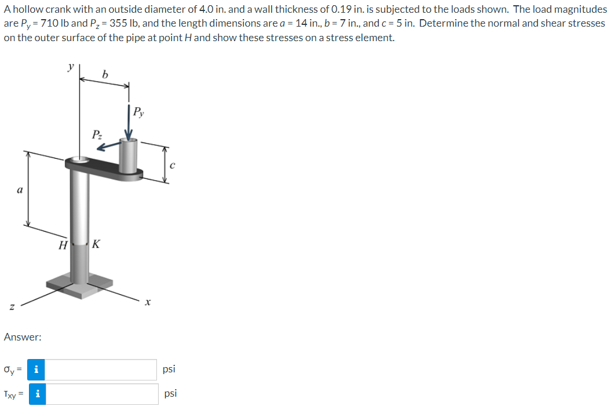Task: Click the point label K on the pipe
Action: tap(96, 244)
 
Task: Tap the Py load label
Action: tap(138, 112)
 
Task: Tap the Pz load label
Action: tap(97, 135)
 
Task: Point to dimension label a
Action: tap(20, 191)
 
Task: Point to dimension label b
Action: tap(104, 74)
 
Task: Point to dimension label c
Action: tap(172, 165)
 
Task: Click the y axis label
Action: tap(71, 67)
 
